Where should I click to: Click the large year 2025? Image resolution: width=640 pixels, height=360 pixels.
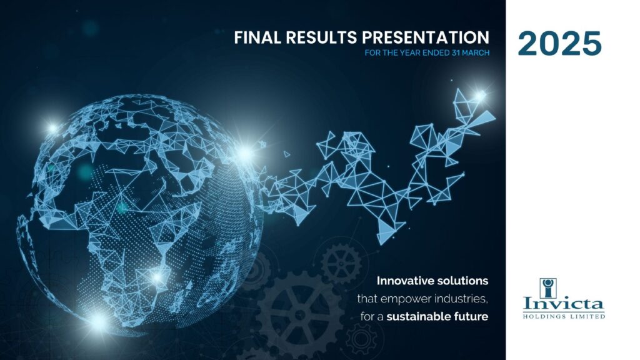(559, 43)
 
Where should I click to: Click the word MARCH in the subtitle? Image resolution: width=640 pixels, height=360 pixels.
(476, 52)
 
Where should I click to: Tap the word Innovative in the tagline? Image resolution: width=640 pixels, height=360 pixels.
(405, 281)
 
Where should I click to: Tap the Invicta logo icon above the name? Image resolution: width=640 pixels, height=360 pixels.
(548, 288)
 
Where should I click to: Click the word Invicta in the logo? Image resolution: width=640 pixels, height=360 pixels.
(563, 304)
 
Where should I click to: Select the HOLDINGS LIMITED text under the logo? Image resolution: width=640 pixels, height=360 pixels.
(564, 316)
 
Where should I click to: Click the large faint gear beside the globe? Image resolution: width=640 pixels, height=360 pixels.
(301, 314)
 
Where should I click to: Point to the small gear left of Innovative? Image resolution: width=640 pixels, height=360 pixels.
(341, 263)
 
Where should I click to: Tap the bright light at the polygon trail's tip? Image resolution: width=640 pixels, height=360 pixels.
(480, 96)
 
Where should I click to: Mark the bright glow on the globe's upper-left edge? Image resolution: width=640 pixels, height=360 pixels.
(52, 128)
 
